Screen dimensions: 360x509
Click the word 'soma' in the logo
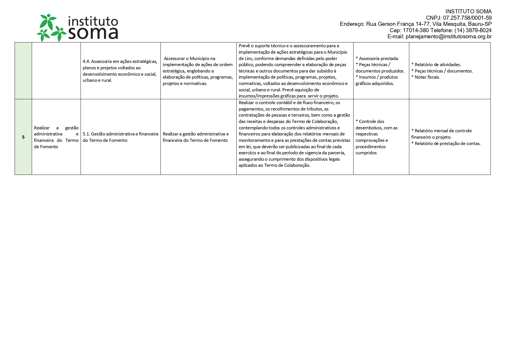point(93,33)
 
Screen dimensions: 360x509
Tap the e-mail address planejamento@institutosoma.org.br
point(448,37)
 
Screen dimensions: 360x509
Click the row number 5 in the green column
point(23,137)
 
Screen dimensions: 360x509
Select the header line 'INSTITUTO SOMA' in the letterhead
point(468,12)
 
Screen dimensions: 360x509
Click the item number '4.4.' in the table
point(86,61)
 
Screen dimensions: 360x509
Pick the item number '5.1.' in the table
point(86,134)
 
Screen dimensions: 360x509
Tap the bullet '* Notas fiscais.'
point(426,77)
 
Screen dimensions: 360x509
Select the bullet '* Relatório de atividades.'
point(436,65)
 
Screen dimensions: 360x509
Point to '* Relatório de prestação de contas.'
point(446,144)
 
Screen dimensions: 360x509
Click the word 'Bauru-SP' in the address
point(480,24)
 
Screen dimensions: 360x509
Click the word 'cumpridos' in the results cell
point(366,153)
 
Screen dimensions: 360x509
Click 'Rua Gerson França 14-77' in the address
point(398,24)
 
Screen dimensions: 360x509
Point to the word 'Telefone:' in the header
point(441,30)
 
